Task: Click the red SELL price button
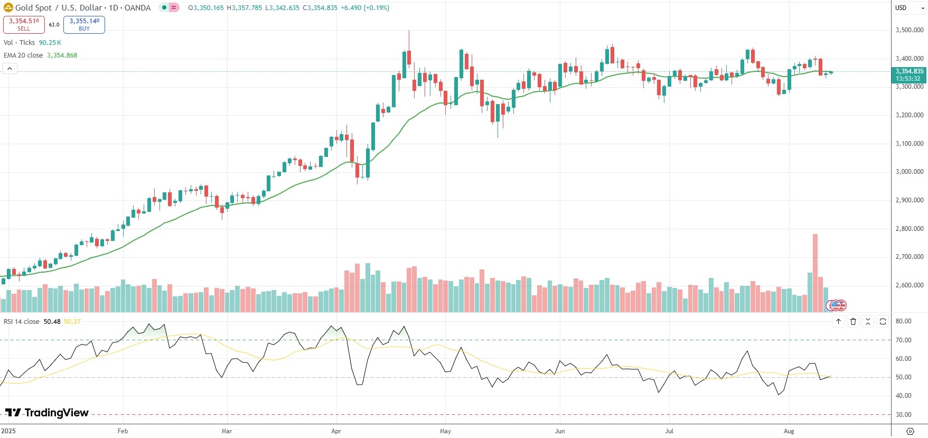tap(24, 24)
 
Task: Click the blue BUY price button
tap(84, 24)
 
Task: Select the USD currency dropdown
tap(909, 8)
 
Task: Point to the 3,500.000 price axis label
tap(909, 30)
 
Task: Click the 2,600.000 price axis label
tap(909, 285)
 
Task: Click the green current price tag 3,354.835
tap(909, 74)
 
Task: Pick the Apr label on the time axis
tap(336, 431)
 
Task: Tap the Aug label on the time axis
tap(789, 431)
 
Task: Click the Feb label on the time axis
tap(123, 431)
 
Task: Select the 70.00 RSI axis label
tap(903, 340)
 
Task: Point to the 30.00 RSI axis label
tap(903, 415)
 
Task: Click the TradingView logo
tap(48, 413)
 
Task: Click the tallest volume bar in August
tap(815, 273)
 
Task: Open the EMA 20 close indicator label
tap(23, 55)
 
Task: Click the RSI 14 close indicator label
tap(22, 322)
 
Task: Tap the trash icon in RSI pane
tap(853, 321)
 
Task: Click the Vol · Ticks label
tap(19, 43)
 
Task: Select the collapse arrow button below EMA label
tap(10, 69)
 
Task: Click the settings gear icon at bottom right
tap(910, 431)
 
